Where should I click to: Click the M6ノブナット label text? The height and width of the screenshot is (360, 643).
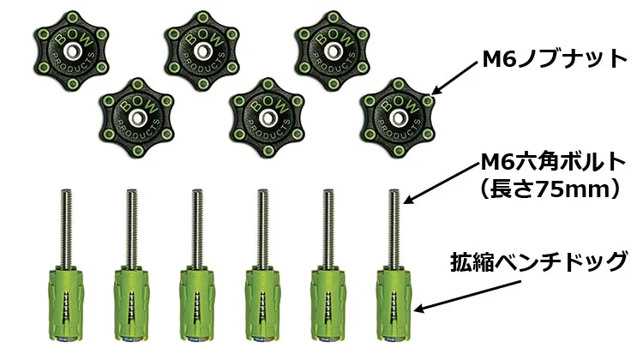point(555,59)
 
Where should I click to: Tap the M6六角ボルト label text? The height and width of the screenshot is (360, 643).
point(553,162)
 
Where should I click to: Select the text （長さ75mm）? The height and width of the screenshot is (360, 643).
point(550,189)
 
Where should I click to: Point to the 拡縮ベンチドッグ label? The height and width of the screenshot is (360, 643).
point(539,261)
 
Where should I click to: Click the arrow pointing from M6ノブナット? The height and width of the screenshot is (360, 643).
point(454,78)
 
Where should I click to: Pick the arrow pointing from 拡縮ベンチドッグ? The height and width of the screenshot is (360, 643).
point(467,296)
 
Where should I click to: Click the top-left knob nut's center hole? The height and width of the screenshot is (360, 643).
point(72,51)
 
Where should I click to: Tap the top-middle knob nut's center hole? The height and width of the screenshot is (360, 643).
point(202,51)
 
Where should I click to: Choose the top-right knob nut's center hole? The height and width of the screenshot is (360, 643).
point(333,51)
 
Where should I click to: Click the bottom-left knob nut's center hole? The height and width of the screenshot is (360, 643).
point(137,118)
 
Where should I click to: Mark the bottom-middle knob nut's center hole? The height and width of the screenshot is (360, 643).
point(267,118)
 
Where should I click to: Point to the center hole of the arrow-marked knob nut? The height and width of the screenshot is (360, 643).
point(398,118)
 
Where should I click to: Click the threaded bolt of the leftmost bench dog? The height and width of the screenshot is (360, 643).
point(66,228)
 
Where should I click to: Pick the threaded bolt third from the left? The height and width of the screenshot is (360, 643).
point(197,228)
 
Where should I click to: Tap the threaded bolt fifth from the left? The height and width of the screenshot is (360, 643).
point(328,228)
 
